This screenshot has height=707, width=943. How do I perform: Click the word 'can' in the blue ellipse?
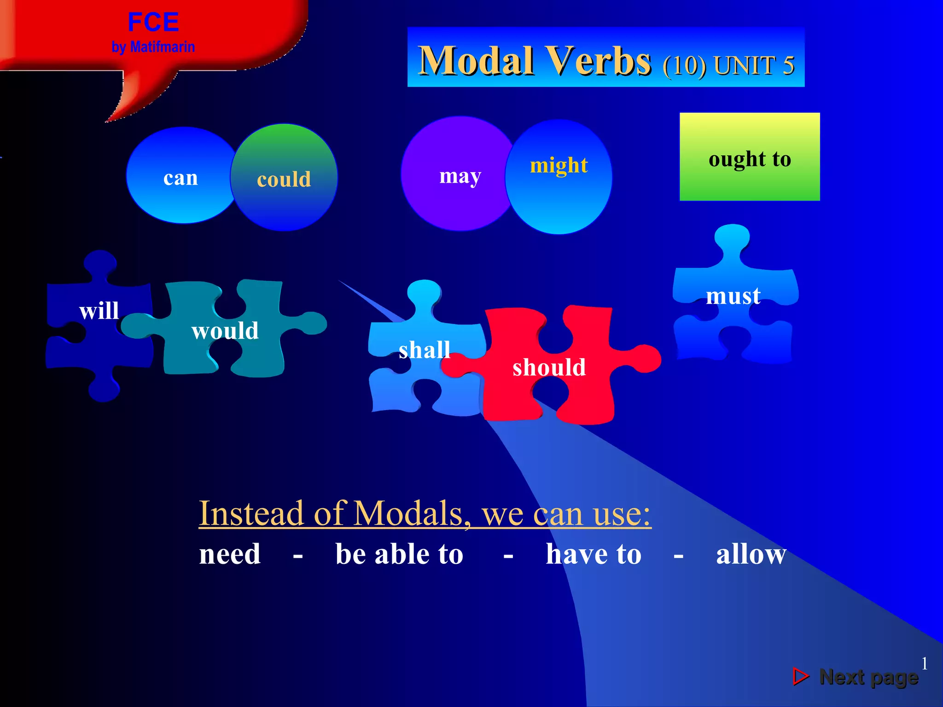[180, 178]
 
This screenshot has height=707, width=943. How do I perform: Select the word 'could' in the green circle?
[284, 179]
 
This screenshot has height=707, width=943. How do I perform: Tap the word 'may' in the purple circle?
[460, 176]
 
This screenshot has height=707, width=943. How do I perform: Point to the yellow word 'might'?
[559, 165]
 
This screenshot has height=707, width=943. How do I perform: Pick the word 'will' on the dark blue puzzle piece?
[99, 310]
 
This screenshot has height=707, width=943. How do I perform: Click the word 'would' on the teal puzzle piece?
[225, 330]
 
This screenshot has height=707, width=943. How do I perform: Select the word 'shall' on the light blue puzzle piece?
[424, 350]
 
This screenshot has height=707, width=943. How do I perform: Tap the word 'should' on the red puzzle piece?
[549, 367]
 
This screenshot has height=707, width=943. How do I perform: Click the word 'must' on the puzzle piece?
[733, 296]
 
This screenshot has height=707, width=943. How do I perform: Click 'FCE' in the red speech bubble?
[153, 22]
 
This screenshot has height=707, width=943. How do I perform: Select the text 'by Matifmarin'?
[153, 47]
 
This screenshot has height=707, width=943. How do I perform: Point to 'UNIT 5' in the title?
[754, 65]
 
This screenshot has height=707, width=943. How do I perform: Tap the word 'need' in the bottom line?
[230, 554]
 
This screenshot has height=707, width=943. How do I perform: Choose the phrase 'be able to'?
[399, 554]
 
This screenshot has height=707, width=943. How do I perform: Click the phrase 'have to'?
[594, 554]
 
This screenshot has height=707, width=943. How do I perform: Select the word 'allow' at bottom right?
[751, 554]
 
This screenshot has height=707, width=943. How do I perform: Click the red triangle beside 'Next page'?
[800, 676]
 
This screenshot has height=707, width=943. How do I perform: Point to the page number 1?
[924, 663]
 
